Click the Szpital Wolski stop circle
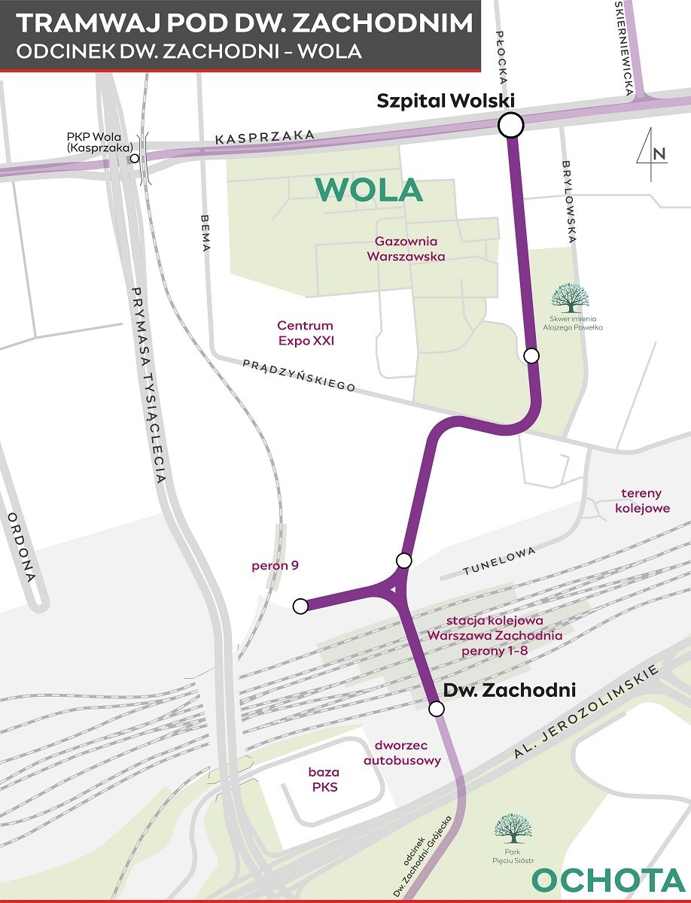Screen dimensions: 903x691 510,126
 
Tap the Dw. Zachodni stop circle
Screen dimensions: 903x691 436,709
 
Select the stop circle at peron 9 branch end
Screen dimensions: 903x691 300,606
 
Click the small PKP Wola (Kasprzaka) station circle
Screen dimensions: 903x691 135,159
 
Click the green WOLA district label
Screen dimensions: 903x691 369,190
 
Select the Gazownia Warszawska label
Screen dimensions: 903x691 406,249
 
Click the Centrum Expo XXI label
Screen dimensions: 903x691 305,333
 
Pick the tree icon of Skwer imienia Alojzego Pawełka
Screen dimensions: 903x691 570,298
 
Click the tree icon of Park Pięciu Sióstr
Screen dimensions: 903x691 513,828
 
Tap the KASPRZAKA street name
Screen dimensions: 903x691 263,137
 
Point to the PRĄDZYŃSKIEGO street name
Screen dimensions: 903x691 299,374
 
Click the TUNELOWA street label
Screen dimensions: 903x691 500,561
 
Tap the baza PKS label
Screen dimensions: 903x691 324,780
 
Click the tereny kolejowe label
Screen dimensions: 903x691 641,501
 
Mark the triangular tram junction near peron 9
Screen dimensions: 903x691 393,587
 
